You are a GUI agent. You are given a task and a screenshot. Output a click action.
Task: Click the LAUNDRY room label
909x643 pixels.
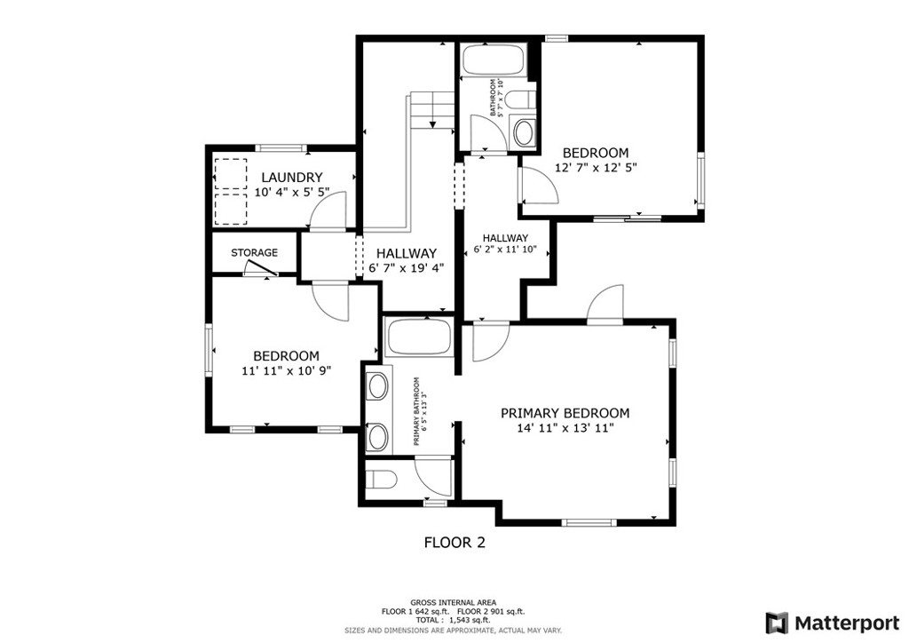click(x=291, y=178)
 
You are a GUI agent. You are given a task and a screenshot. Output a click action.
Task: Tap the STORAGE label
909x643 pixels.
click(x=255, y=253)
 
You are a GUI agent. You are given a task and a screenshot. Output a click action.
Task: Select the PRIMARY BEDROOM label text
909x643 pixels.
click(x=565, y=413)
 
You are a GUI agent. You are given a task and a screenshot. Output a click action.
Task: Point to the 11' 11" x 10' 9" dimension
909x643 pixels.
click(x=287, y=370)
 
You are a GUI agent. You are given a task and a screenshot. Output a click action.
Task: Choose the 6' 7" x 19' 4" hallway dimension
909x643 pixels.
click(x=407, y=268)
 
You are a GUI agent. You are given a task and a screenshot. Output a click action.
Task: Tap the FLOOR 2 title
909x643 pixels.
click(x=455, y=543)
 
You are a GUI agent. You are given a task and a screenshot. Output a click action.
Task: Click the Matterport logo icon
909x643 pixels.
click(x=777, y=623)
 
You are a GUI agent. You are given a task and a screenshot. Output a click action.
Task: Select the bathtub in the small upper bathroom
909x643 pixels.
click(x=494, y=60)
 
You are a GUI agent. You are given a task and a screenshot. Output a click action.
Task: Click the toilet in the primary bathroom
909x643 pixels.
click(x=382, y=480)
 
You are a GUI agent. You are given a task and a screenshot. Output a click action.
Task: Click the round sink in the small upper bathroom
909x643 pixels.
click(x=525, y=133)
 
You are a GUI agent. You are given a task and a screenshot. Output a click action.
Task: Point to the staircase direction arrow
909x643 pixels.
click(x=432, y=124)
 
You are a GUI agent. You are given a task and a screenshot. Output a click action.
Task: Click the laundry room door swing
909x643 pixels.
click(x=328, y=210)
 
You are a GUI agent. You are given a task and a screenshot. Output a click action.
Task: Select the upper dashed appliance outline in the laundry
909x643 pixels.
click(x=230, y=174)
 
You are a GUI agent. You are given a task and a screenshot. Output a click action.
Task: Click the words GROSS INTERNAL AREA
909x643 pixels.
click(x=454, y=602)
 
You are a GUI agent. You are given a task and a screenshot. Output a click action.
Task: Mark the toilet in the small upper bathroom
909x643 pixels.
click(x=520, y=99)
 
